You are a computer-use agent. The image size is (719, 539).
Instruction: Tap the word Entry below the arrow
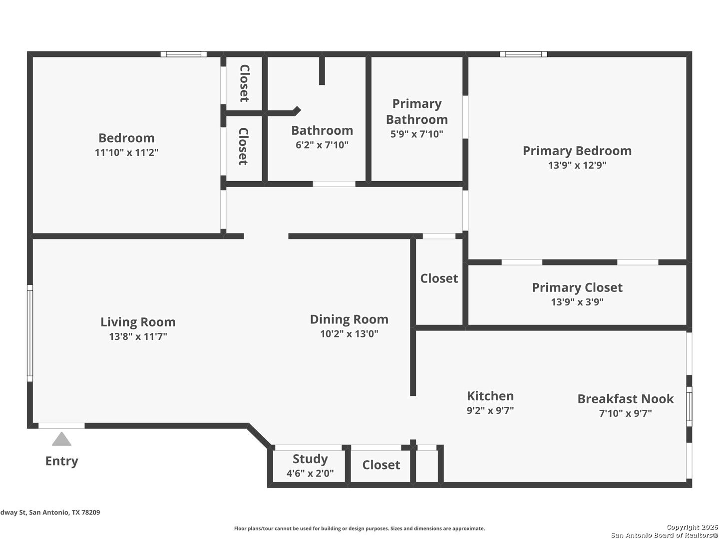tap(61, 461)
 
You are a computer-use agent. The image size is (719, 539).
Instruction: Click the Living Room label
tap(138, 322)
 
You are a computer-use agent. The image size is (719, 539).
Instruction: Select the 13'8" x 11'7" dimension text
tap(138, 336)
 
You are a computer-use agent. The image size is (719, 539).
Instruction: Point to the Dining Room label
tap(349, 319)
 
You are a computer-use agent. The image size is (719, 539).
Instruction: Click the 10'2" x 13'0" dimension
tap(349, 334)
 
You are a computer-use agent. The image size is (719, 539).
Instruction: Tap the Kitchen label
tap(490, 396)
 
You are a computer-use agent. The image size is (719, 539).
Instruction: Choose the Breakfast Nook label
tap(625, 399)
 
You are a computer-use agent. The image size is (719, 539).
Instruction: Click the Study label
tap(310, 459)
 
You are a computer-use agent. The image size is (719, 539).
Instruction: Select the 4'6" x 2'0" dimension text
tap(310, 473)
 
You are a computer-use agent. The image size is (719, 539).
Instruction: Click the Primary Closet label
tap(577, 287)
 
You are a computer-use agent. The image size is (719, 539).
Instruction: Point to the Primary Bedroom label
tap(577, 151)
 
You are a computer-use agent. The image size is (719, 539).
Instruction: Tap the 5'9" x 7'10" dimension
tap(416, 134)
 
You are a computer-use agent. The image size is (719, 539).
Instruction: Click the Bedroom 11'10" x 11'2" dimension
tap(126, 153)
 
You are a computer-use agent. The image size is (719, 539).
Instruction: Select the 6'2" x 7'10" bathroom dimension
tap(322, 145)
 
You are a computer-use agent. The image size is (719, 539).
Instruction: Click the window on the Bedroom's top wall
tap(183, 54)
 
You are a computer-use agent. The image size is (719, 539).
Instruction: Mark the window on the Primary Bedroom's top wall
tap(523, 54)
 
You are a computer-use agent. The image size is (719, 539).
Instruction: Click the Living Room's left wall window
tap(30, 333)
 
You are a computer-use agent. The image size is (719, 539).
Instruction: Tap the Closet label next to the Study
tap(381, 465)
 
